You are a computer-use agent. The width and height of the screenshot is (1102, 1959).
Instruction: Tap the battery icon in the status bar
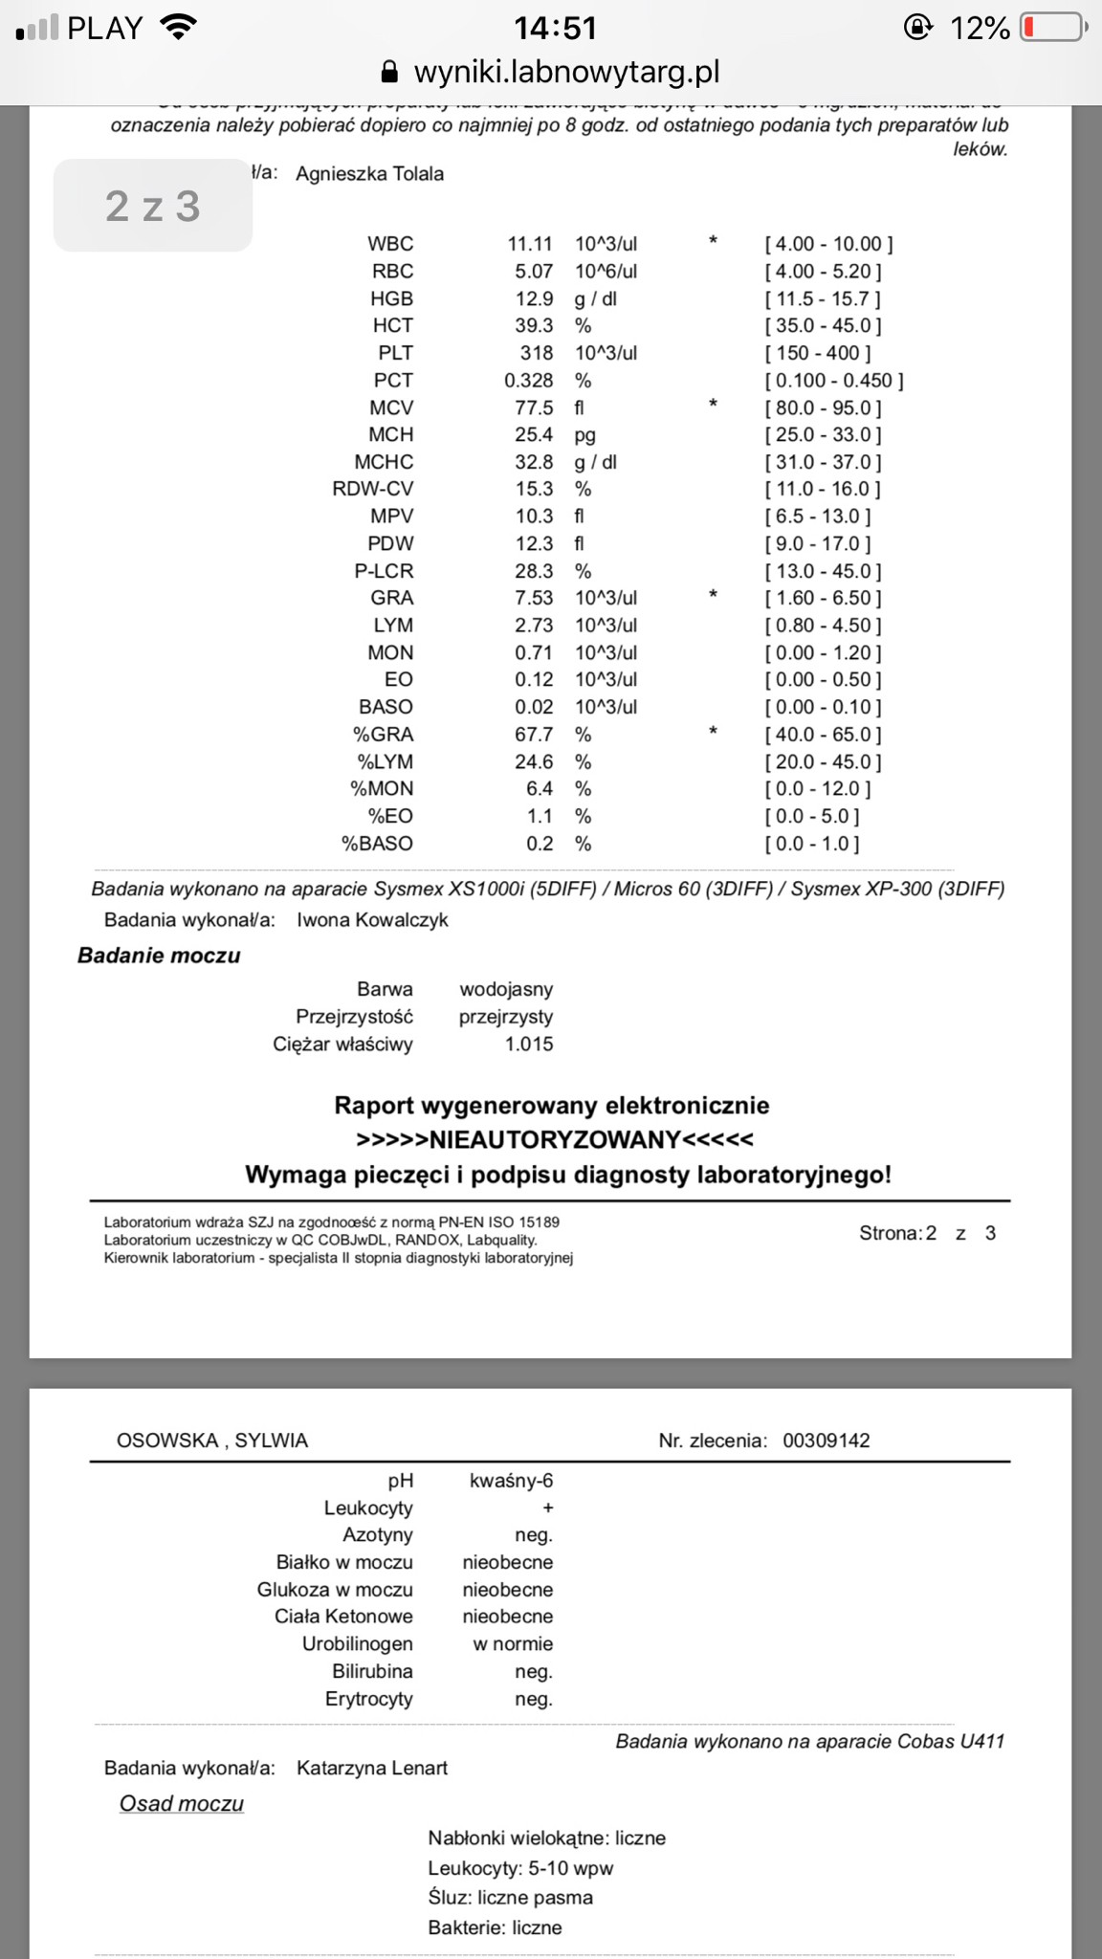1053,28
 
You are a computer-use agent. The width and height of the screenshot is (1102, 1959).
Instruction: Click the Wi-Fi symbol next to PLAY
177,28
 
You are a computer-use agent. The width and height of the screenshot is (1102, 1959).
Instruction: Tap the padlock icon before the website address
388,73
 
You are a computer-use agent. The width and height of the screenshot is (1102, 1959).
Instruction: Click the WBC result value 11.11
530,244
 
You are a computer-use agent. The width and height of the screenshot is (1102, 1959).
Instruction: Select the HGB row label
392,298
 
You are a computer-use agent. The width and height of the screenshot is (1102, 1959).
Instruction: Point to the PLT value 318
537,353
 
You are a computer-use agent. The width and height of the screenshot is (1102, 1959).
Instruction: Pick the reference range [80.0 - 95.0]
823,407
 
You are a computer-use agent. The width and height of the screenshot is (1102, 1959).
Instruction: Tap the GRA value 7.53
534,598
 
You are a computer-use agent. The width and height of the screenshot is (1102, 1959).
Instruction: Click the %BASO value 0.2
540,844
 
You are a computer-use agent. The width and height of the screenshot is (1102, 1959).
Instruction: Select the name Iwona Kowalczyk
372,920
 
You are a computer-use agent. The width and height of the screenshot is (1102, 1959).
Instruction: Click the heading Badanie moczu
159,956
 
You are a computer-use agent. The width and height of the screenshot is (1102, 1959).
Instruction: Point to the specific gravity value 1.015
529,1045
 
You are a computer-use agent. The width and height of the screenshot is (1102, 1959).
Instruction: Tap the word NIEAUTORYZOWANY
555,1139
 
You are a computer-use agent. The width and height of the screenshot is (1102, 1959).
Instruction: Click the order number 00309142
826,1441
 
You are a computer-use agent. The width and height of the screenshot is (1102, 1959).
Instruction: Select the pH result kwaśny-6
511,1481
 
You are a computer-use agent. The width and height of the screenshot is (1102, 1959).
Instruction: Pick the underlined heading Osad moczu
182,1803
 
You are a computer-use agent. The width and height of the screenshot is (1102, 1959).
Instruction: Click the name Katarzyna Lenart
372,1768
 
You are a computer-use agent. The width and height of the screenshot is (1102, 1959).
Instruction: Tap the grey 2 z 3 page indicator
153,206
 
